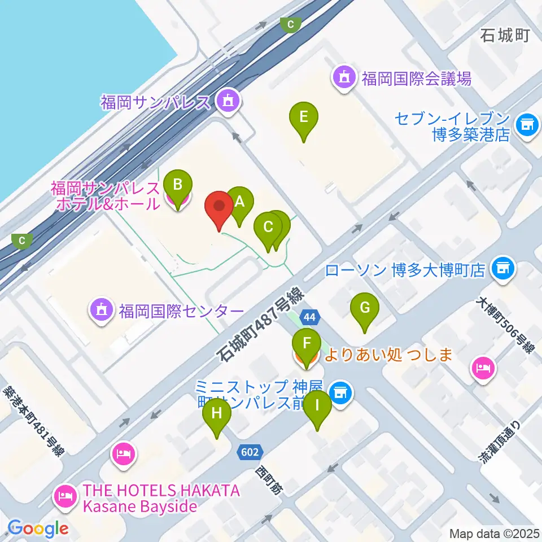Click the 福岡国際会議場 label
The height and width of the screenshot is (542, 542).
pos(417,78)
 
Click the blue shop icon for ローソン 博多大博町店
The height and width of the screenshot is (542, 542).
pos(502,267)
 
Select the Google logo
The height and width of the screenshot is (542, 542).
pos(38,528)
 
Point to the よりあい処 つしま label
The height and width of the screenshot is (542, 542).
pos(390,355)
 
